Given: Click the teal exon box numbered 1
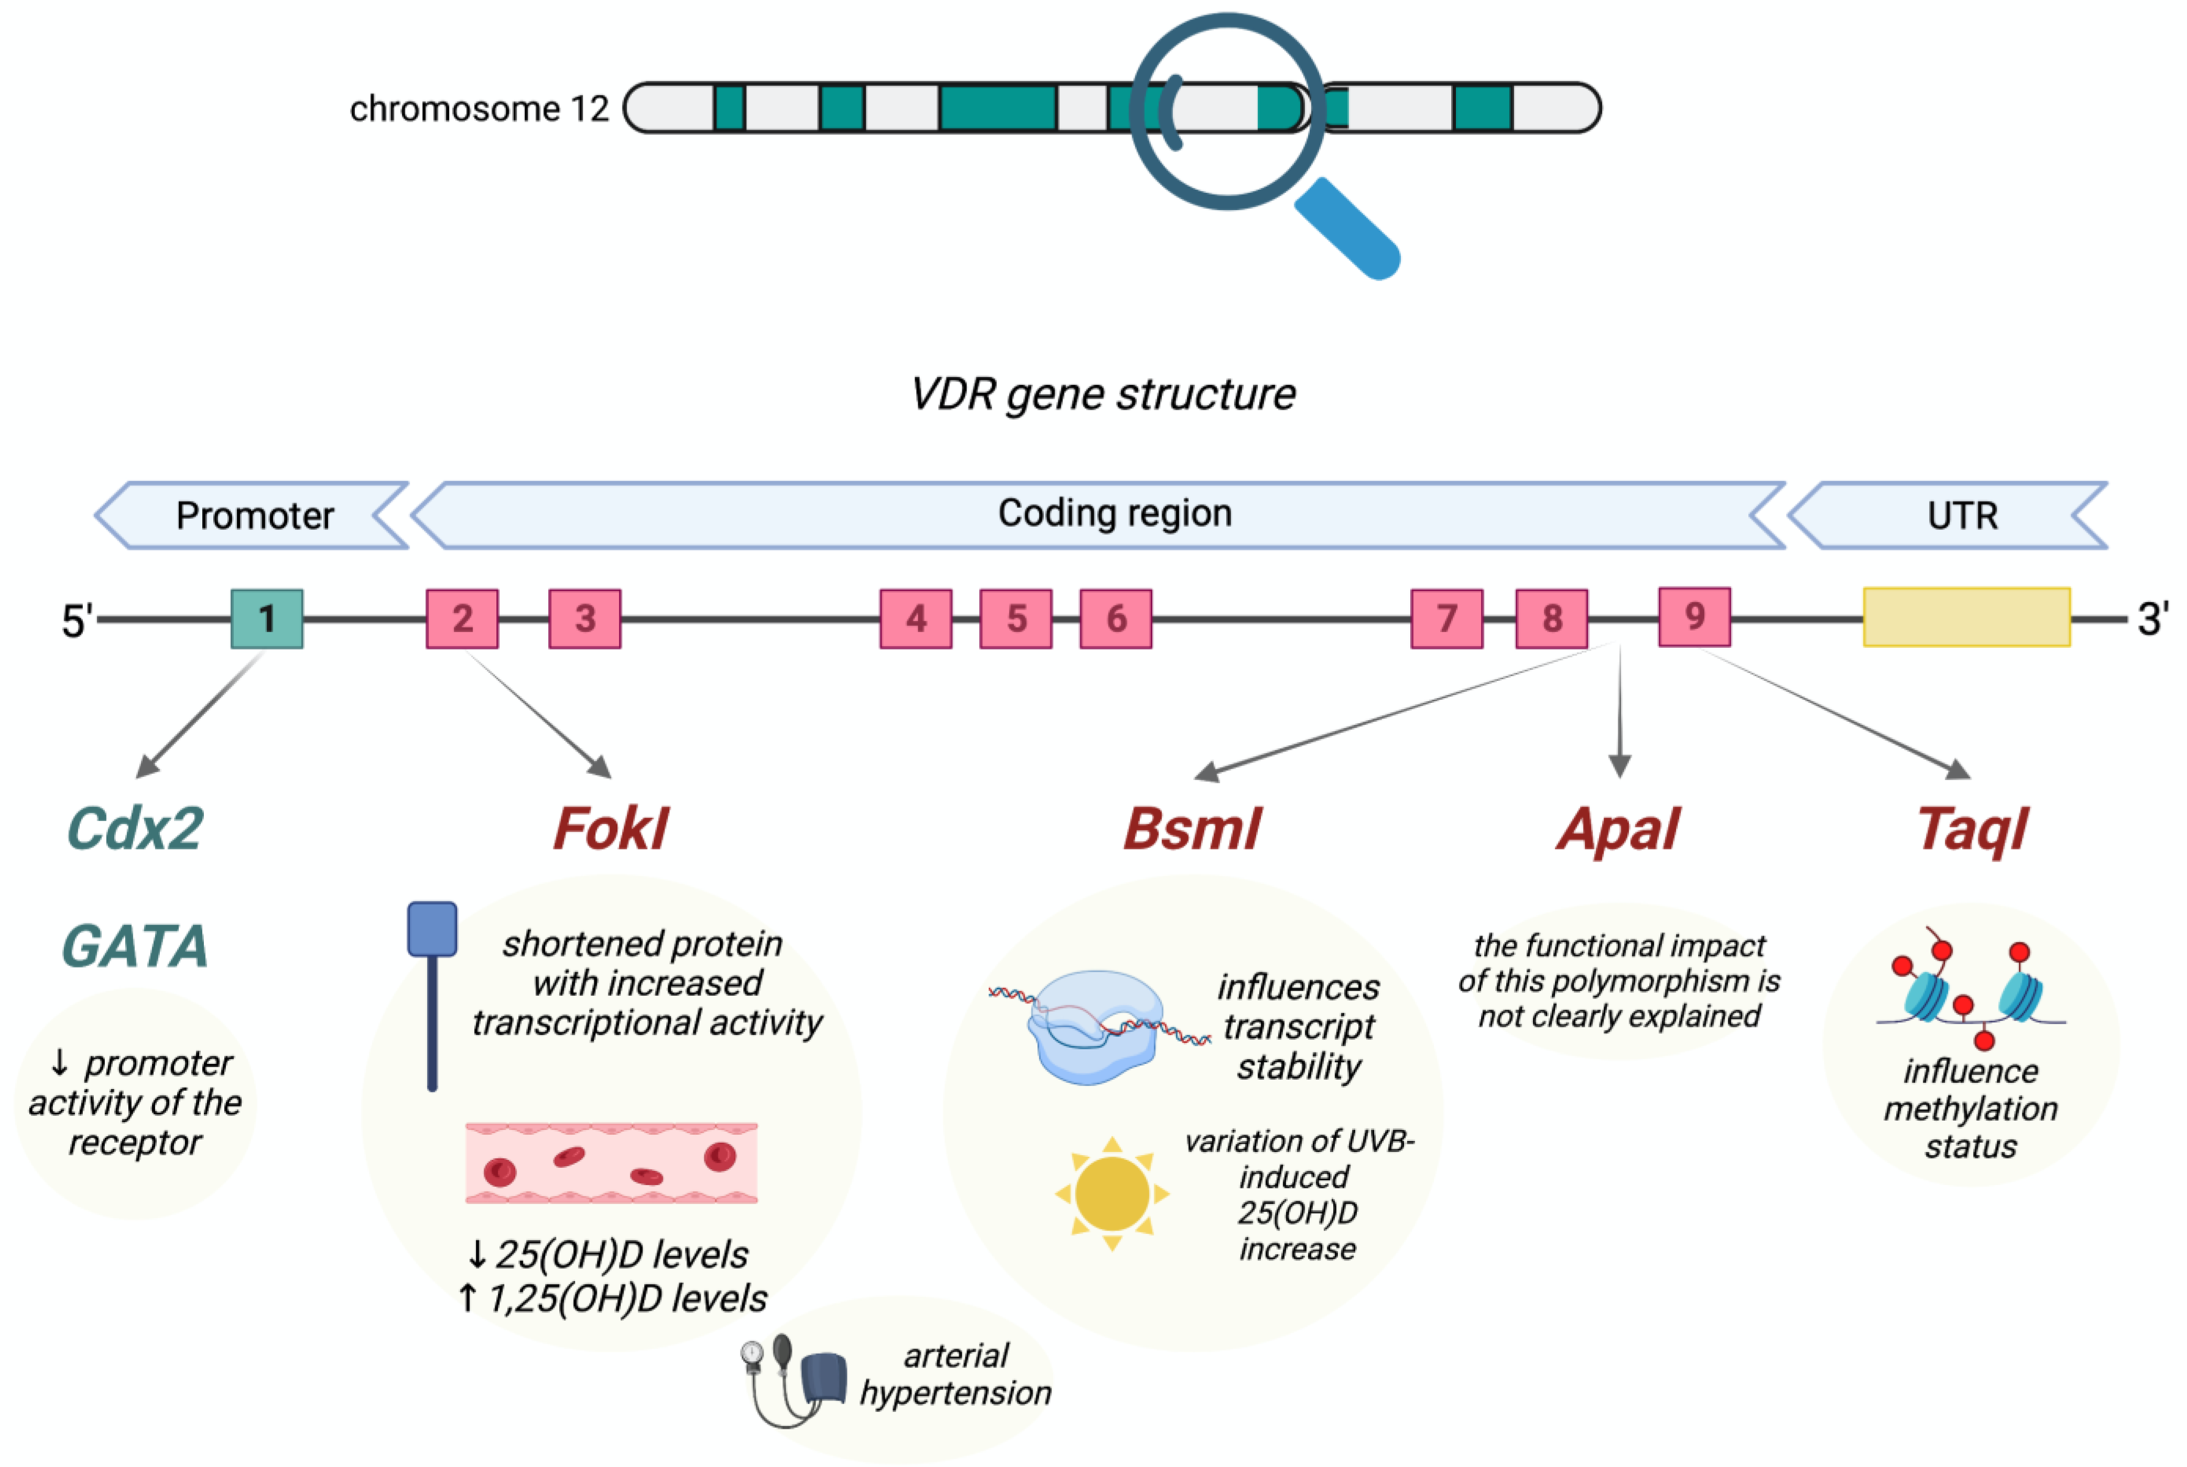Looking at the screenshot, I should tap(267, 618).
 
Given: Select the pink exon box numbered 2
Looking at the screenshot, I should tap(462, 618).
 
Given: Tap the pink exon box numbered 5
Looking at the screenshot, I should tap(1016, 618).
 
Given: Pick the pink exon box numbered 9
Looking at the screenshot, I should tap(1694, 616).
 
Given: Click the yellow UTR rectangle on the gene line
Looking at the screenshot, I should tap(1966, 616).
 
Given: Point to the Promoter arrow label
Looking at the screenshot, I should tap(254, 516).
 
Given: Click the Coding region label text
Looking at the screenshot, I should tap(1114, 513).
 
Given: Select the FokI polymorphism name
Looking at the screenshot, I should tap(610, 829).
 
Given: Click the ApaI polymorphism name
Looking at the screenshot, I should tap(1618, 829).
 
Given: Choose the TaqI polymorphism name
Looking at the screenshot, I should tap(1972, 829).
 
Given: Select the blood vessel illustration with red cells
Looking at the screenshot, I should tap(611, 1163).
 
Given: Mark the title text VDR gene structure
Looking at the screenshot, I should tap(1103, 394).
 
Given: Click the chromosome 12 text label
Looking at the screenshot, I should tap(479, 108).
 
